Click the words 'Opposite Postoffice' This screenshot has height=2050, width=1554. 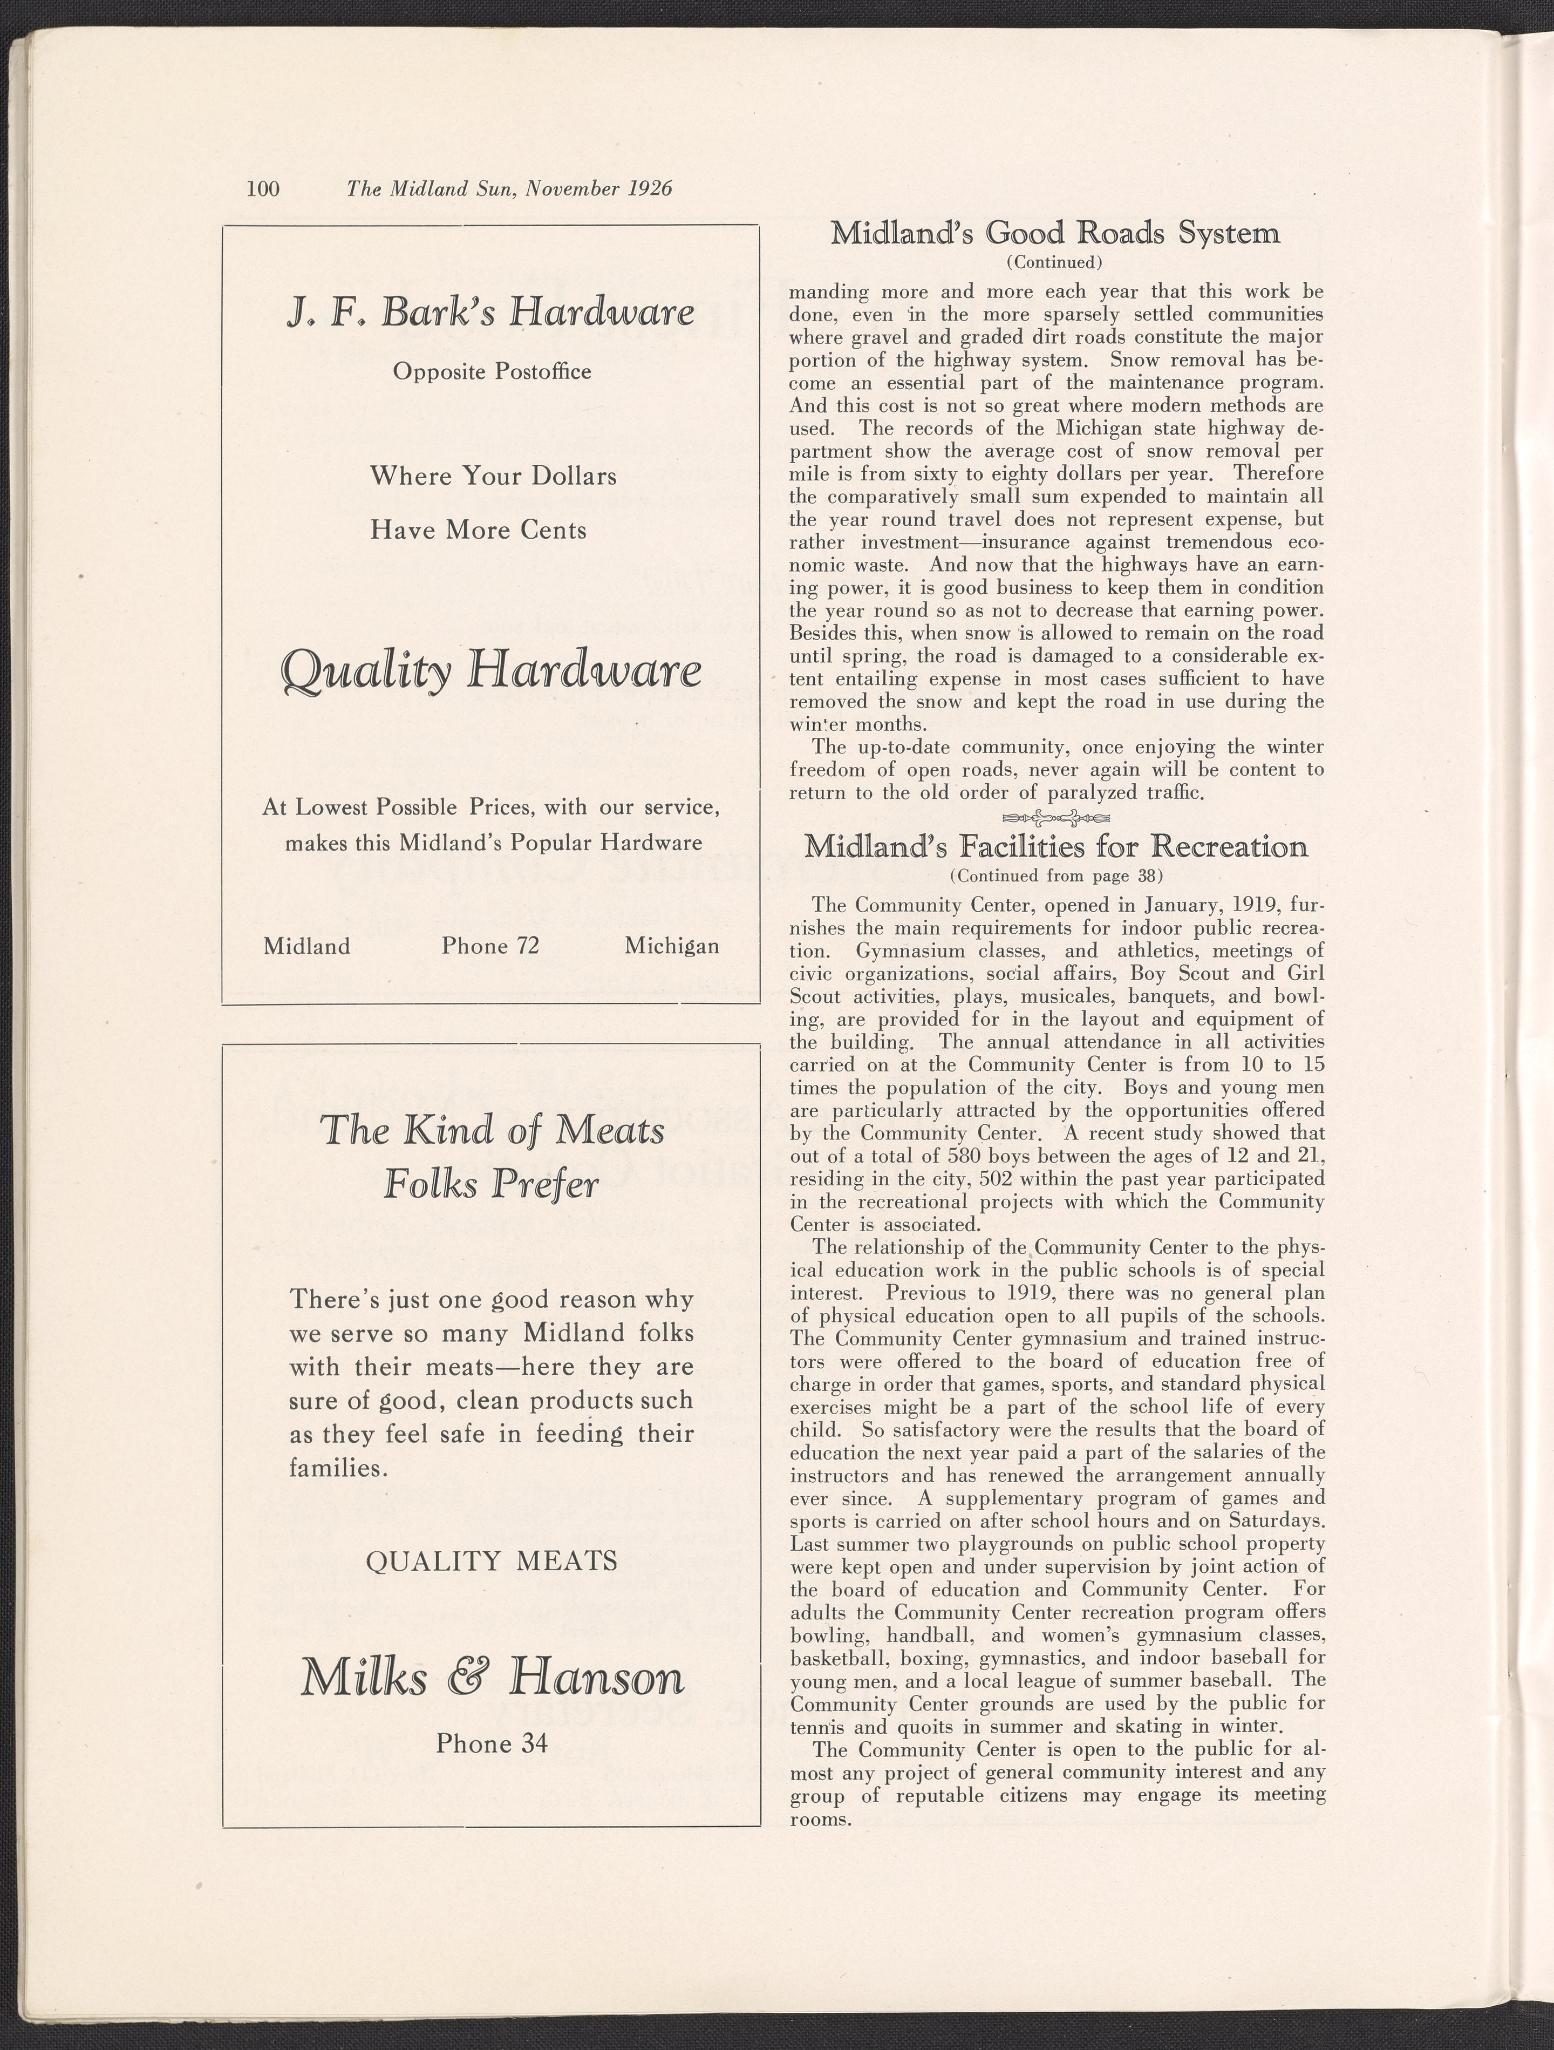(x=492, y=372)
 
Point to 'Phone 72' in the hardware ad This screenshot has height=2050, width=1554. (x=490, y=946)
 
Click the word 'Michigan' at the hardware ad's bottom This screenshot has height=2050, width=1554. (x=672, y=946)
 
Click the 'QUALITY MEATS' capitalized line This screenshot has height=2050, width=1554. (x=492, y=1562)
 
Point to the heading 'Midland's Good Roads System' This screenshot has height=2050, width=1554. (x=1054, y=233)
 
